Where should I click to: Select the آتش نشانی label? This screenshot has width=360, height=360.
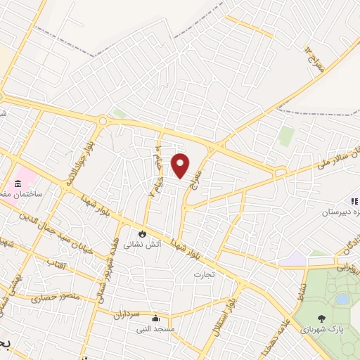click(x=141, y=245)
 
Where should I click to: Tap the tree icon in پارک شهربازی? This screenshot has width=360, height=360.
click(x=323, y=318)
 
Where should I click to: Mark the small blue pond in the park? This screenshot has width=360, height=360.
click(x=342, y=299)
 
